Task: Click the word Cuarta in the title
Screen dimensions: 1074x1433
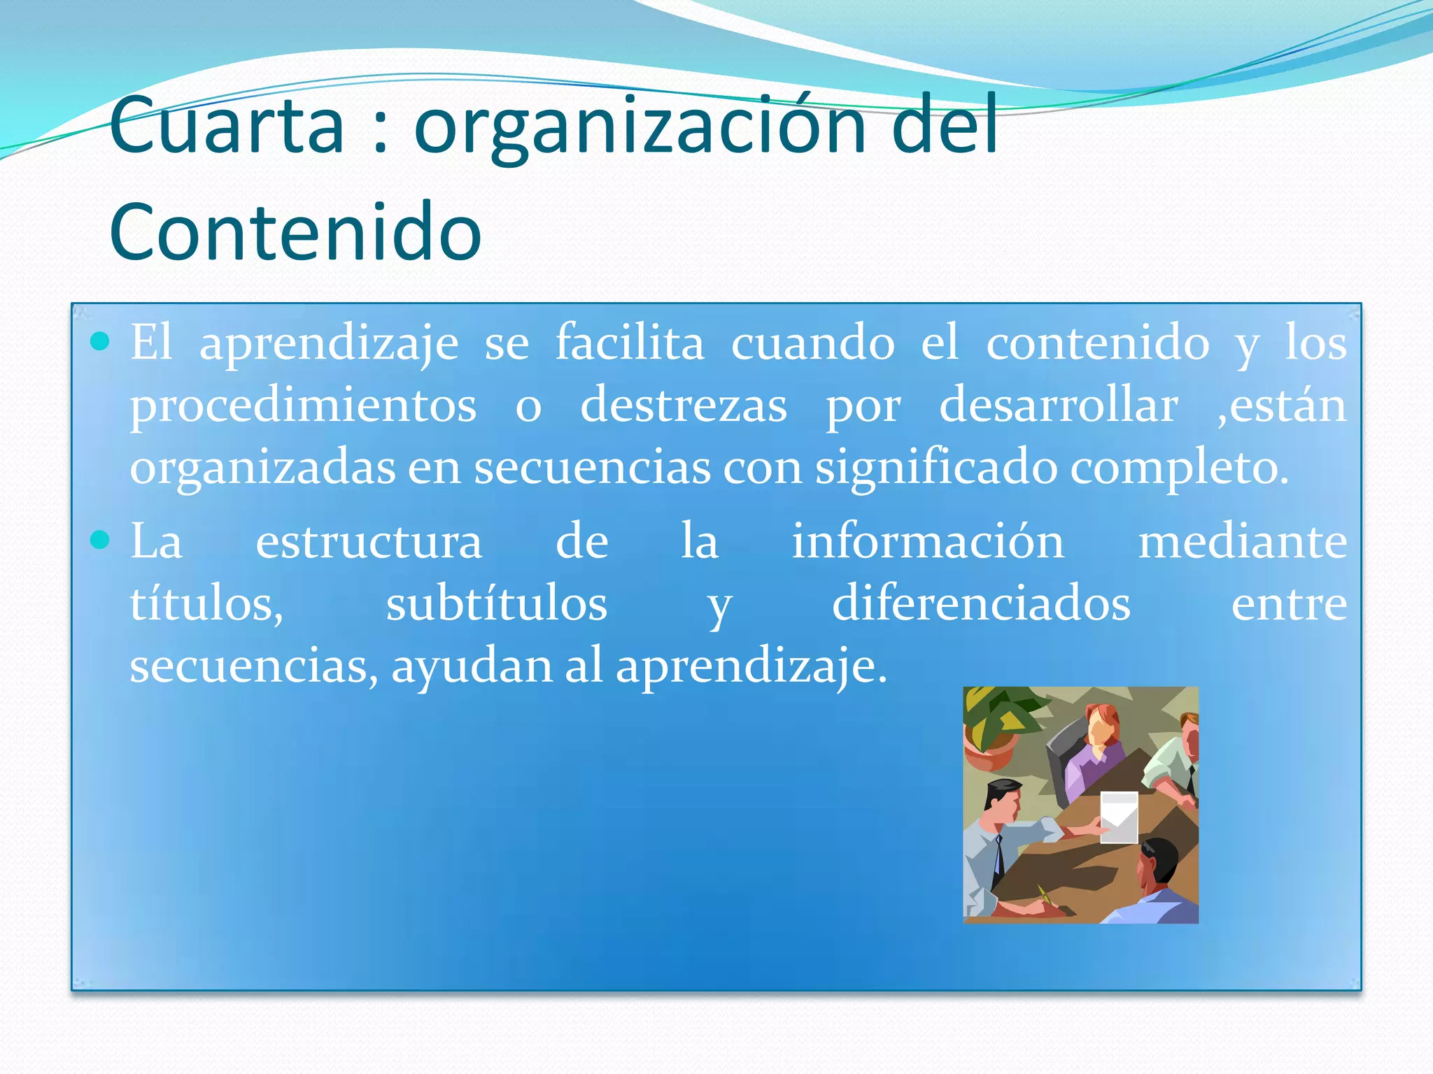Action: click(226, 126)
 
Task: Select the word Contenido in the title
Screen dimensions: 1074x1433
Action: click(295, 232)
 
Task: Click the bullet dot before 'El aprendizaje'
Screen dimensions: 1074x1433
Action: click(101, 341)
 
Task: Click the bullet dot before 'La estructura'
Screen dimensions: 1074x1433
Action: click(101, 540)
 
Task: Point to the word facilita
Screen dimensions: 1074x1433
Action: click(630, 343)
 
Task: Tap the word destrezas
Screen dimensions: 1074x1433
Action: click(684, 406)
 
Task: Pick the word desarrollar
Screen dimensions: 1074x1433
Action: click(1058, 406)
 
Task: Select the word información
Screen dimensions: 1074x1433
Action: click(928, 541)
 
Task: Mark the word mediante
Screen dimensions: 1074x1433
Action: click(1242, 541)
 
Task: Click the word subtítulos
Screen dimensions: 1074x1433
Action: click(496, 603)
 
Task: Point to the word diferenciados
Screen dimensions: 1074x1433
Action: click(981, 603)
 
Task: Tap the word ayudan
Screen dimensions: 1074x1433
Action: click(472, 666)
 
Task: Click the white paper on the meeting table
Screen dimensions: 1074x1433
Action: click(1118, 817)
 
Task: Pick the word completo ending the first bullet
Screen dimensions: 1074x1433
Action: click(1179, 467)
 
